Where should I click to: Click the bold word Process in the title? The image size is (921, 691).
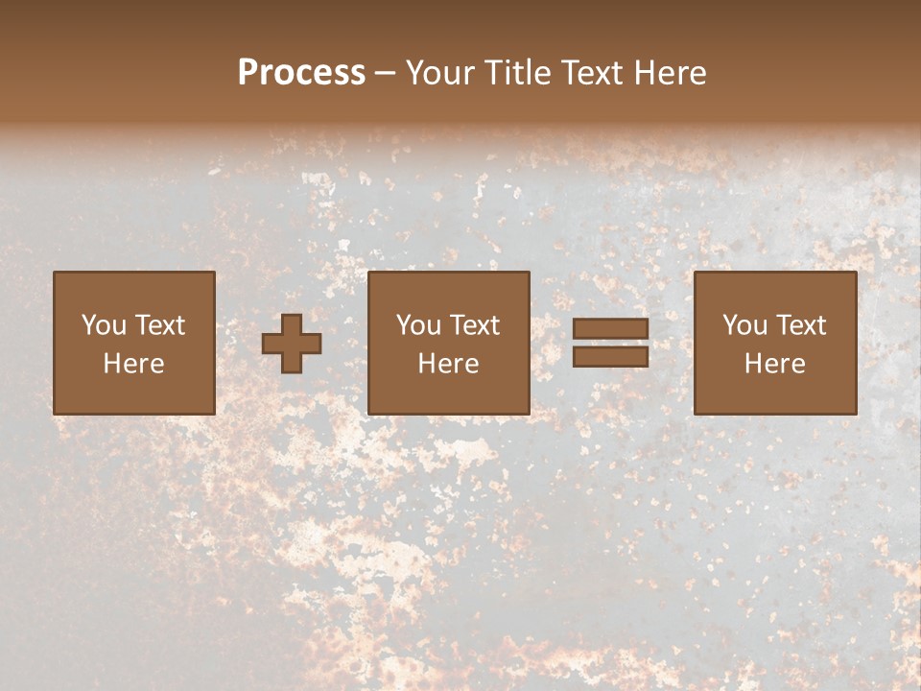pyautogui.click(x=301, y=73)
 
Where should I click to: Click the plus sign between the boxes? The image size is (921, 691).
pyautogui.click(x=292, y=343)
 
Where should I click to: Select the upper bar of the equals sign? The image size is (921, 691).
pyautogui.click(x=610, y=329)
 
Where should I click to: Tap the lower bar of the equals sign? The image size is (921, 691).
pyautogui.click(x=610, y=356)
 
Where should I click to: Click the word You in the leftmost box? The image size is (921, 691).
pyautogui.click(x=103, y=325)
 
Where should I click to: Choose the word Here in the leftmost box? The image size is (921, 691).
pyautogui.click(x=133, y=364)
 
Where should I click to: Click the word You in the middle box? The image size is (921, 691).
pyautogui.click(x=418, y=325)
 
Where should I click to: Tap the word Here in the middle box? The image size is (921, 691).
pyautogui.click(x=448, y=364)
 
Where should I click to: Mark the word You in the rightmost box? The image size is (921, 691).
pyautogui.click(x=744, y=325)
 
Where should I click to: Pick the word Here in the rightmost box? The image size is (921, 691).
pyautogui.click(x=774, y=364)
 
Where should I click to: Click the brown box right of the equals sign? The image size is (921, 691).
pyautogui.click(x=774, y=393)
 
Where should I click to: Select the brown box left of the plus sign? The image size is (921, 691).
pyautogui.click(x=133, y=393)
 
